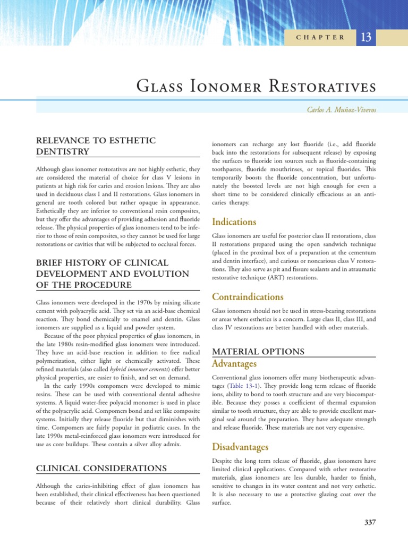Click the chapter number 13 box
[x=365, y=37]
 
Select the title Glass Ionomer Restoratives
[x=256, y=86]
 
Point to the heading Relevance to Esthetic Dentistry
[x=96, y=146]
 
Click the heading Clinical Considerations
[x=101, y=468]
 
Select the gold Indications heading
[x=234, y=222]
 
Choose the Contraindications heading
[x=248, y=296]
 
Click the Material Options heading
[x=258, y=352]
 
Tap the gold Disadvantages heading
[x=240, y=447]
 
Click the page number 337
[x=370, y=522]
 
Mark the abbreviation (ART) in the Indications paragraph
[x=294, y=277]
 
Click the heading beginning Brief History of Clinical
[x=101, y=262]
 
